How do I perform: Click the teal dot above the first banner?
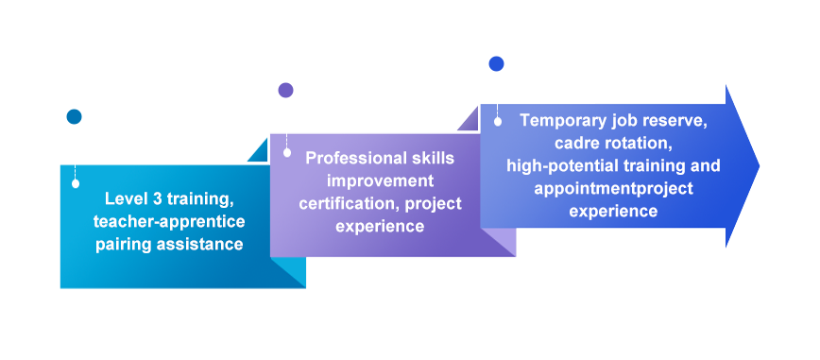75,116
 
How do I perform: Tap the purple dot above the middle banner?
285,90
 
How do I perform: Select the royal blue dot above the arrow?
496,64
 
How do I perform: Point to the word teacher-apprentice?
169,222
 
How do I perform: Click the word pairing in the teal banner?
124,245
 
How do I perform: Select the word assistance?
199,245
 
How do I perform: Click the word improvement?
380,181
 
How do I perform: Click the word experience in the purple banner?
380,227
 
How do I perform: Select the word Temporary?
563,121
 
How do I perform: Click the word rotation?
634,144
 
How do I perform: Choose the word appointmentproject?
613,188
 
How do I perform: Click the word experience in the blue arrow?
613,211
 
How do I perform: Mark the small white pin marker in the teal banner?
76,183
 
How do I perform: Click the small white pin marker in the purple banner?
286,153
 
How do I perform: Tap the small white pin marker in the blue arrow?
497,121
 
